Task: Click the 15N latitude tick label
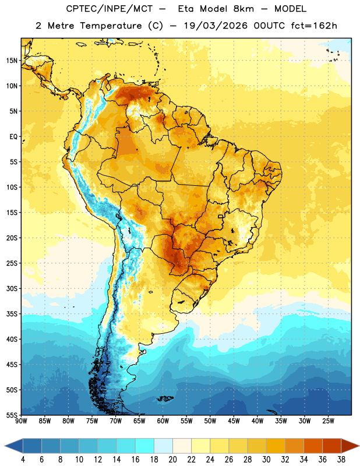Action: tap(12, 61)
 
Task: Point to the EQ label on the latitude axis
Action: tap(13, 137)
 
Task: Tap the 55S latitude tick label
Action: tap(12, 415)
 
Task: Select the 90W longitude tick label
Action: tap(21, 421)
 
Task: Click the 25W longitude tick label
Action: tap(328, 421)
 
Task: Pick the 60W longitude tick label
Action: tap(163, 421)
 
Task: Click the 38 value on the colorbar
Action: tap(341, 460)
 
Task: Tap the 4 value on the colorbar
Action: tap(23, 460)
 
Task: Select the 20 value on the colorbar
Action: tap(172, 460)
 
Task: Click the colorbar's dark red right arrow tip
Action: tap(359, 446)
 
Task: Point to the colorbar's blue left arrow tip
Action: tap(5, 446)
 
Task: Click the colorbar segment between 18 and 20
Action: tap(163, 446)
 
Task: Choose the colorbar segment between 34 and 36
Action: tap(313, 446)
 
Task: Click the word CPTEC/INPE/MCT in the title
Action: tap(110, 9)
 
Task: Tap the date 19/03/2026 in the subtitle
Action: tap(216, 26)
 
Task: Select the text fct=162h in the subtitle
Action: tap(314, 26)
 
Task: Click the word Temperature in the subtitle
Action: tap(111, 26)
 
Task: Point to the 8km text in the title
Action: tap(243, 9)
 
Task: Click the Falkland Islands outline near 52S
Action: tap(165, 398)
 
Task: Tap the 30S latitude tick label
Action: tap(12, 289)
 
